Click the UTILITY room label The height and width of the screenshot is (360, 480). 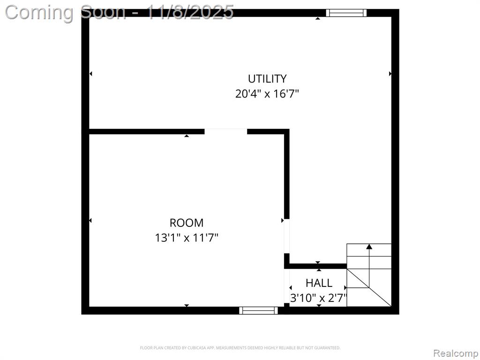267,79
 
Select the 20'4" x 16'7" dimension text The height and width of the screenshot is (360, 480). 267,93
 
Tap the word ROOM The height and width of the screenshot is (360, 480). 187,223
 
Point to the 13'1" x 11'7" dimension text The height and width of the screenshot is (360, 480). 187,238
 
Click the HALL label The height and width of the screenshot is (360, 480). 319,283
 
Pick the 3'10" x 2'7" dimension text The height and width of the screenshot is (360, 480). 319,298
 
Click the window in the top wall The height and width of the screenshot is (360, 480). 346,13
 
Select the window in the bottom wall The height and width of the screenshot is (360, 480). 258,310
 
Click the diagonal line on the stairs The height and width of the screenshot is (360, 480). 369,287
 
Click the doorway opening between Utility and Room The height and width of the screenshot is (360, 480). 225,132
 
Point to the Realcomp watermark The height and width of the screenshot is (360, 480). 456,353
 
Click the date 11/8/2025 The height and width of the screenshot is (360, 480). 190,12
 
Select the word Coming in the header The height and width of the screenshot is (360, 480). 39,13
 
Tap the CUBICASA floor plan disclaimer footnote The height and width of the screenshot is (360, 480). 240,348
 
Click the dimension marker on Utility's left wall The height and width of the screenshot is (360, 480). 90,74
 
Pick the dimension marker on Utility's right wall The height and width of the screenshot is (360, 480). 390,74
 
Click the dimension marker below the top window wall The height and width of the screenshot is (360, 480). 318,18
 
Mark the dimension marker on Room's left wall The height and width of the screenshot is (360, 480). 90,220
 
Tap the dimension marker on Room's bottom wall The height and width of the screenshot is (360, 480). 187,305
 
